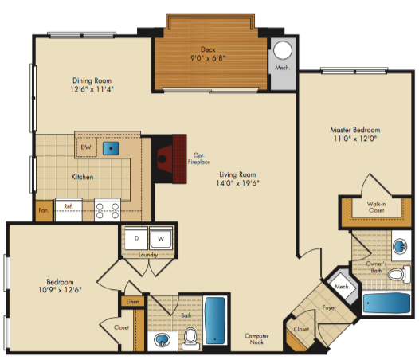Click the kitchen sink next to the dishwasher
(111, 148)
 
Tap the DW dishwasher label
(86, 147)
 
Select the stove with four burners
(108, 210)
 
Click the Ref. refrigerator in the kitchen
(69, 209)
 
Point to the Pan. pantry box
(44, 210)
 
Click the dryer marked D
(136, 238)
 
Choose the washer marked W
(161, 238)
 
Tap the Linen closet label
(132, 302)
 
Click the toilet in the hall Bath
(191, 338)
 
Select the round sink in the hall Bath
(162, 340)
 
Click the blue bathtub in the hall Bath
(215, 320)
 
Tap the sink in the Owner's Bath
(400, 246)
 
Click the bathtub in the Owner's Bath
(386, 303)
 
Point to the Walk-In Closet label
(376, 207)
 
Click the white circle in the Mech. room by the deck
(283, 50)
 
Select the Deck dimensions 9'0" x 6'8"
(208, 58)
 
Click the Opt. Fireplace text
(199, 158)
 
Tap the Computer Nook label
(256, 338)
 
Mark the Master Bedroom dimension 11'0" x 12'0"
(355, 139)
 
